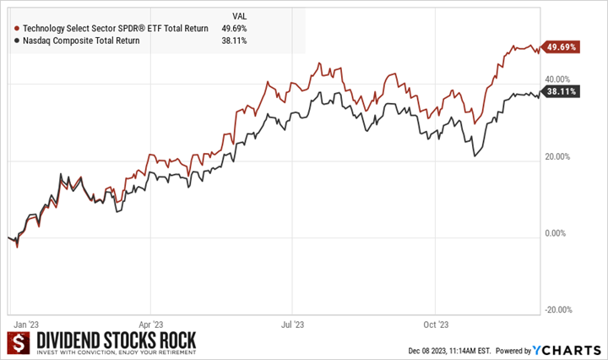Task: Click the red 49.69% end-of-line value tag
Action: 562,47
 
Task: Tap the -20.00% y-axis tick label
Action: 558,310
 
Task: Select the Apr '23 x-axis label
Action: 149,324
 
